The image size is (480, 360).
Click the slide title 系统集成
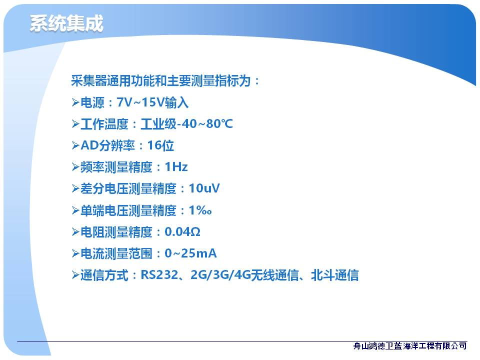coord(66,23)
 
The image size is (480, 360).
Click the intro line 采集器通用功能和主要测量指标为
coord(161,81)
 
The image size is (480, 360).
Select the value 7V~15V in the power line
coord(141,102)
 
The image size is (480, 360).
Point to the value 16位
coord(160,145)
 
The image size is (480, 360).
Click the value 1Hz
coord(176,167)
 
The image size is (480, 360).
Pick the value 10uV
coord(204,188)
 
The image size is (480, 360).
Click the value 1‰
coord(200,210)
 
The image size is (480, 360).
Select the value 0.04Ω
coord(182,231)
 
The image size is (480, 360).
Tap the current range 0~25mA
coord(190,253)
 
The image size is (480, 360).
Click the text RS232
coord(159,275)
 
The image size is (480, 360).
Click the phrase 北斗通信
coord(335,275)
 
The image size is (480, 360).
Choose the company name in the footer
coord(410,346)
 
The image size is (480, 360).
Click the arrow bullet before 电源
coord(75,102)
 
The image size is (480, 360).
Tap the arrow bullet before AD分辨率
coord(75,145)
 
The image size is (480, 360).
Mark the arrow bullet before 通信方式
coord(75,275)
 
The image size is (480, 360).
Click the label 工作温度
coord(104,124)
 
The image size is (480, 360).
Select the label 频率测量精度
coord(116,167)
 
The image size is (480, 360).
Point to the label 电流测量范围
coord(116,253)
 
